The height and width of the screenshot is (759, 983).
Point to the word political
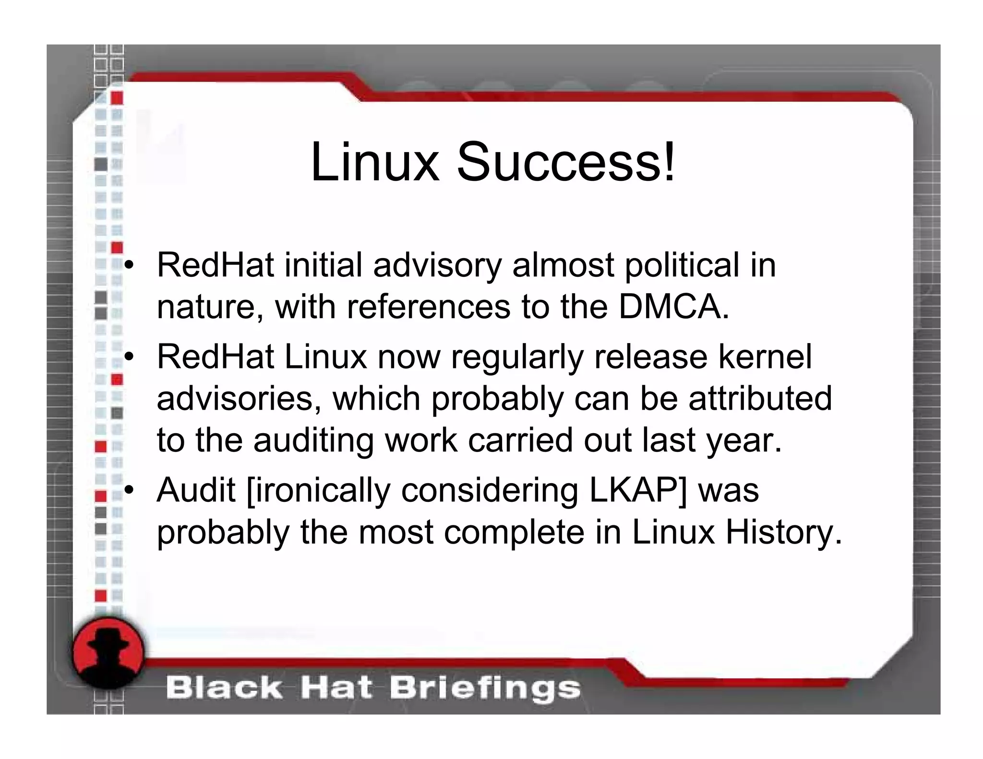682,265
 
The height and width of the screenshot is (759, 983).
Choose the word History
783,532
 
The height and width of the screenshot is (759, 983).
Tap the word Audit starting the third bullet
196,490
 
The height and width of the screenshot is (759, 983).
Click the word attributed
760,398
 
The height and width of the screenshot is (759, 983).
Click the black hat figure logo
108,653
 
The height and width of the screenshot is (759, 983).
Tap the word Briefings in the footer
485,688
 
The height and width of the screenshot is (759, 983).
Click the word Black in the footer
224,688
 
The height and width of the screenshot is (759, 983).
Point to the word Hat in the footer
336,688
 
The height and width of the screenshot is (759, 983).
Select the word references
429,307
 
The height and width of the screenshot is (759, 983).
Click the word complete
514,532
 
